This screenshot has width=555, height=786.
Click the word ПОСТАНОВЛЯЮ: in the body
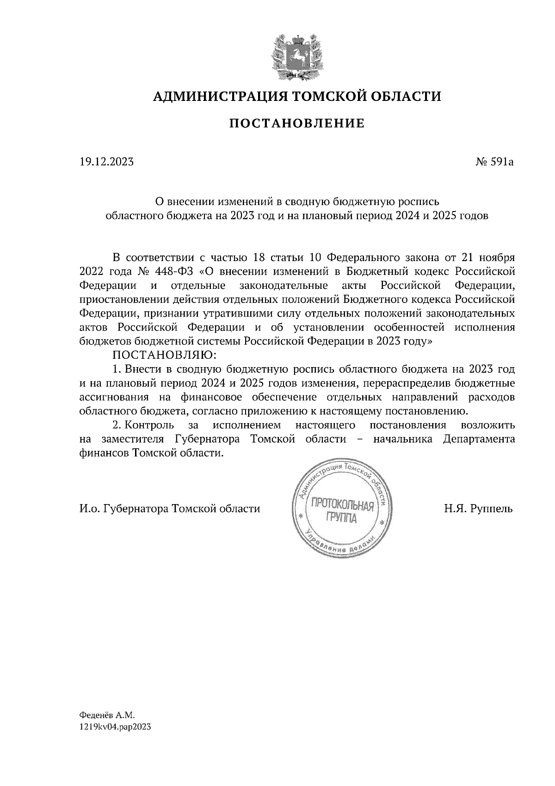(x=162, y=355)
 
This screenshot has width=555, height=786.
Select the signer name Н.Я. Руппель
(x=478, y=509)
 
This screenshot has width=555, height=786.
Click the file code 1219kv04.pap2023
(x=116, y=727)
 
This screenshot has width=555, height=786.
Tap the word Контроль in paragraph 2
(x=150, y=425)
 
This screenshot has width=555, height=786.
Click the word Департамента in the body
(x=479, y=439)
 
